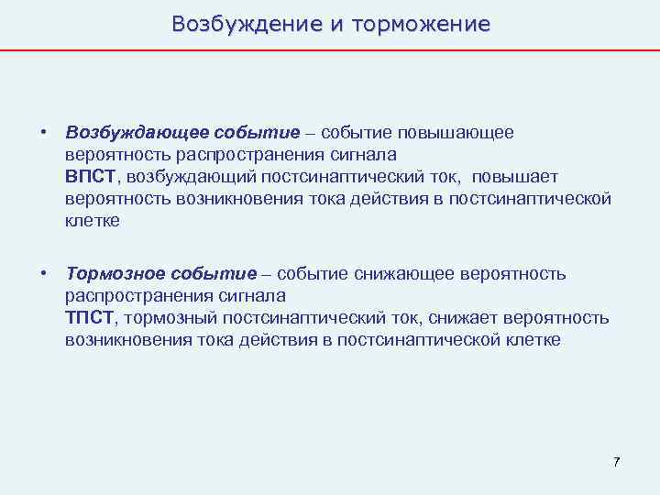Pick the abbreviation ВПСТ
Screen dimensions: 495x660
90,177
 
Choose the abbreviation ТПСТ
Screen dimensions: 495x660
89,318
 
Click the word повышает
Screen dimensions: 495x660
511,177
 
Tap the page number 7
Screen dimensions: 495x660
617,461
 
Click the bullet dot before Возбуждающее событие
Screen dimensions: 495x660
43,133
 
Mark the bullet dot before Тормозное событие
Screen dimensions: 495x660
43,274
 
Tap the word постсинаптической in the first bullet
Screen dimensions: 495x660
530,200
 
